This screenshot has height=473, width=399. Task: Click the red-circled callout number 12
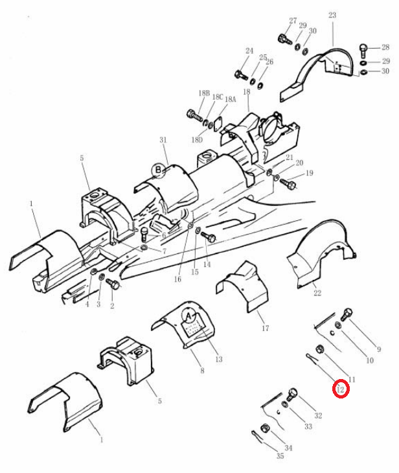341,389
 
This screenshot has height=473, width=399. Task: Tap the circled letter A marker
188,316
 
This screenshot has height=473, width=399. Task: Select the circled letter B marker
158,170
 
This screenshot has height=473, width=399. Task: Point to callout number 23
332,15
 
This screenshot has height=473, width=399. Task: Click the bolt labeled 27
284,39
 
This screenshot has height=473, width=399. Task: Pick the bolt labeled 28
364,51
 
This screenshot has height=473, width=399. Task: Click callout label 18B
204,93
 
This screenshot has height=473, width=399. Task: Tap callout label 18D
197,140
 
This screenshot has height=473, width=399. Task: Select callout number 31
163,140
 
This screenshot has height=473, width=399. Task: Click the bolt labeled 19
288,183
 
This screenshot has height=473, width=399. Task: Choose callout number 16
177,279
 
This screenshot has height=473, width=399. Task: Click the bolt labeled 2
113,284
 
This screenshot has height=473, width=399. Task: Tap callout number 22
317,293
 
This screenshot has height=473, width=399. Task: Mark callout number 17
266,328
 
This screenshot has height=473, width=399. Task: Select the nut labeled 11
320,350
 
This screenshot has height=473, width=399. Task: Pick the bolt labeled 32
291,394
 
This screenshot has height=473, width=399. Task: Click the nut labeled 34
264,428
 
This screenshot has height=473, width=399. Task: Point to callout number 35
280,456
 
